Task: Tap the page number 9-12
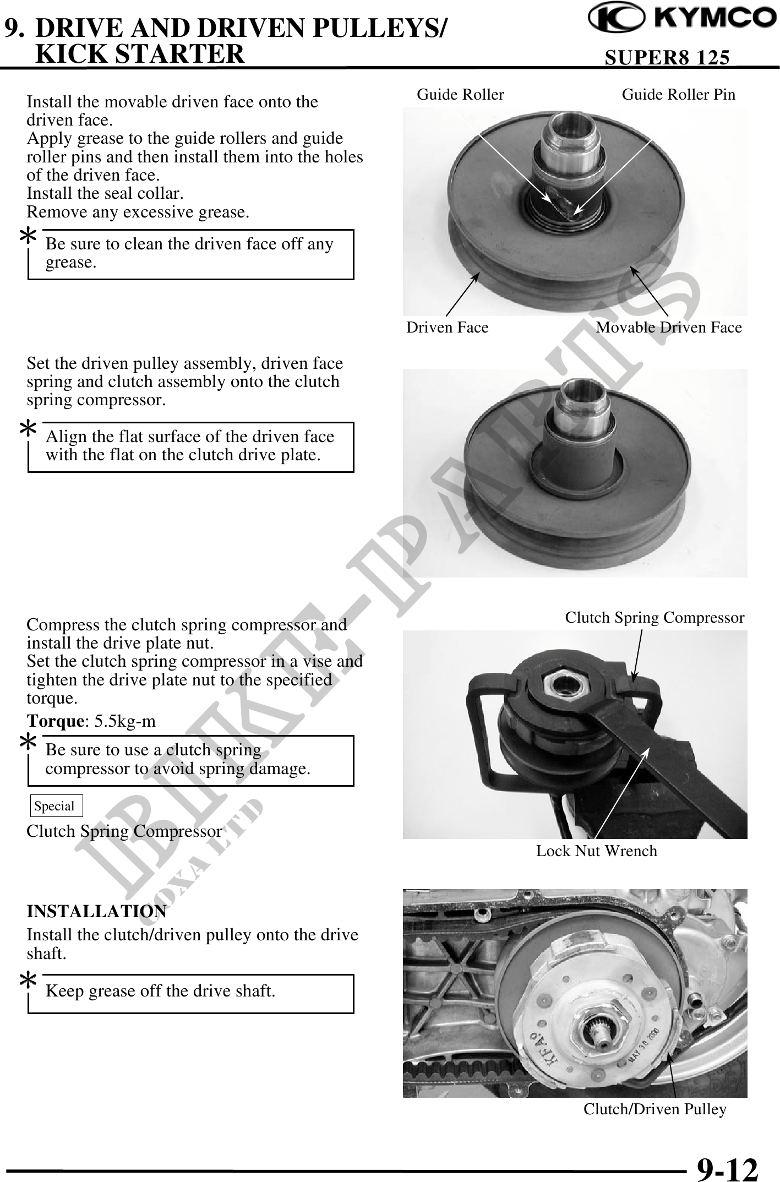point(728,1168)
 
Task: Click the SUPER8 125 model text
point(667,57)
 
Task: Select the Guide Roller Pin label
point(678,95)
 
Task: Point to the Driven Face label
point(448,328)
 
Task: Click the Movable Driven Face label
point(669,328)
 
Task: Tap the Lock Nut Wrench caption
point(597,851)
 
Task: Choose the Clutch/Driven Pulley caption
point(655,1109)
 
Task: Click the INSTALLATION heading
point(97,911)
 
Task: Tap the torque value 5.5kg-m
point(125,721)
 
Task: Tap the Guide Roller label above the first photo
point(460,95)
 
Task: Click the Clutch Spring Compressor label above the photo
point(654,618)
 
